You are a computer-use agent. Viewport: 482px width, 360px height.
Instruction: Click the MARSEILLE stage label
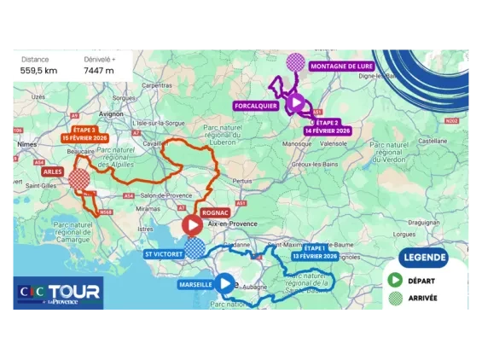coord(196,284)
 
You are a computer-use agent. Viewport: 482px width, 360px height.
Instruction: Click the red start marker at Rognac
coord(192,225)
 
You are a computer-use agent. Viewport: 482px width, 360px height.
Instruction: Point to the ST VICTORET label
coord(164,253)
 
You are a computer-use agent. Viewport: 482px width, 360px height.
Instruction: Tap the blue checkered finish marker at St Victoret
coord(195,248)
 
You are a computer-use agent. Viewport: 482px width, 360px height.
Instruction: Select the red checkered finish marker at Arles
coord(79,179)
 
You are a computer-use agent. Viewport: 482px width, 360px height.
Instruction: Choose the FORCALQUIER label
coord(253,106)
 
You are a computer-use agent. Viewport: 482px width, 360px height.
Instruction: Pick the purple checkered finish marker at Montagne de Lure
coord(295,61)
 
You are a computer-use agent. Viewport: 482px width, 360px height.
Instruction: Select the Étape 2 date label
coord(328,127)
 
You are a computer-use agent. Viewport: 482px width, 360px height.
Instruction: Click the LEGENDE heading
coord(424,257)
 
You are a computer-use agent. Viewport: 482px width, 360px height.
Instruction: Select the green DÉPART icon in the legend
coord(395,280)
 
